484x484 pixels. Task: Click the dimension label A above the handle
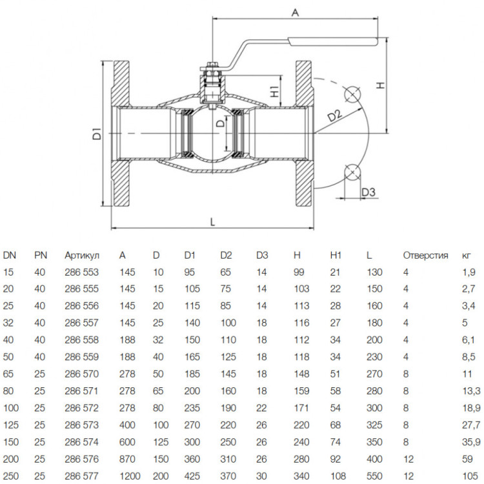tap(296, 13)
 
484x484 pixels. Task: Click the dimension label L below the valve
tap(212, 221)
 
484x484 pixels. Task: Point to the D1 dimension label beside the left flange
tap(97, 134)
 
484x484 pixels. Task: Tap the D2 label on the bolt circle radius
tap(335, 115)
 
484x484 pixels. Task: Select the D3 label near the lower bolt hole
tap(368, 192)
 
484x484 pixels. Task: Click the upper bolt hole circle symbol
tap(352, 94)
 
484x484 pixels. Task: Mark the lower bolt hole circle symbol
tap(352, 172)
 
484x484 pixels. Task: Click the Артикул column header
tap(82, 256)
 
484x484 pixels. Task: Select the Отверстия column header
tap(425, 256)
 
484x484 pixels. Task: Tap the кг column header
tap(467, 256)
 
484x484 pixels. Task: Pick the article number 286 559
tap(82, 357)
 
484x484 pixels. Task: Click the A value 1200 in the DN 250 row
tap(130, 476)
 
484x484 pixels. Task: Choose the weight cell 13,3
tap(471, 391)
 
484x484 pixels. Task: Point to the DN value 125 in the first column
tap(11, 425)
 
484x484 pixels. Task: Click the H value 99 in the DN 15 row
tap(299, 272)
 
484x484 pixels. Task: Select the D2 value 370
tap(228, 476)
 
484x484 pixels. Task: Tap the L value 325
tap(374, 425)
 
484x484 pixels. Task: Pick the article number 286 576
tap(82, 459)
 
